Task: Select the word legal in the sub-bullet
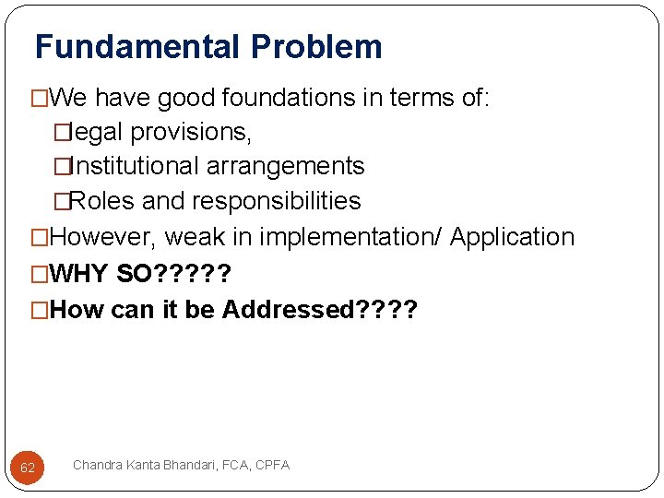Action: [x=97, y=132]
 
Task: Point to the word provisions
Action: [x=191, y=132]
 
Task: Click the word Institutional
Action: [x=134, y=166]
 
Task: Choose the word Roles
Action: [x=101, y=201]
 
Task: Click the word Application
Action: [x=512, y=237]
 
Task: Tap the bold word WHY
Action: [x=79, y=273]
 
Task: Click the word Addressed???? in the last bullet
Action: [x=319, y=309]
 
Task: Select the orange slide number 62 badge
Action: [x=28, y=468]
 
